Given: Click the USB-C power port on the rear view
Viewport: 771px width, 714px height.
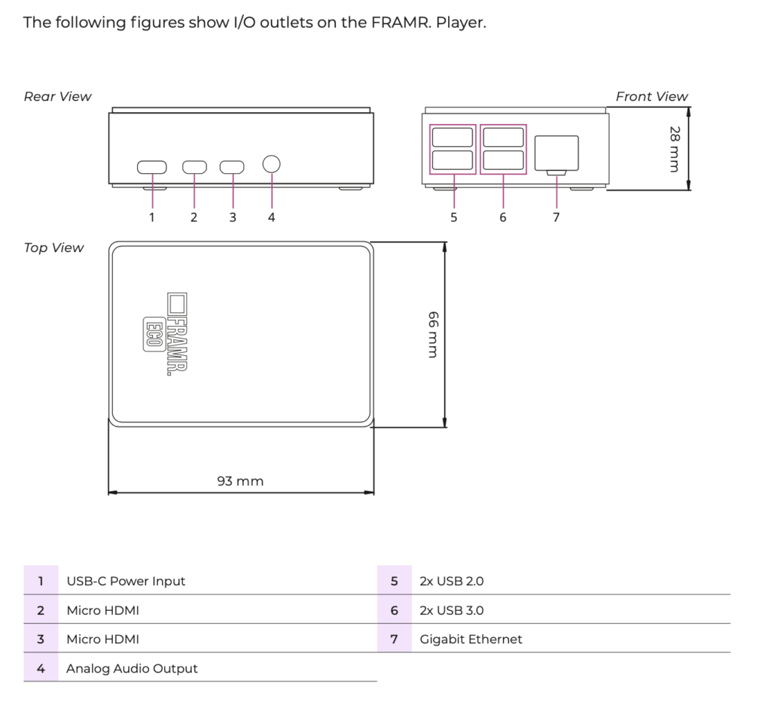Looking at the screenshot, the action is point(152,167).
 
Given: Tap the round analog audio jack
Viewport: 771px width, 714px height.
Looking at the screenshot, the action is point(271,164).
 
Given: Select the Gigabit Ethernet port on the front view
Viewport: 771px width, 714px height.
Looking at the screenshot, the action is point(556,154).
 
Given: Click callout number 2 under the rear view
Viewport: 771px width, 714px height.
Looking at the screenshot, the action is point(194,217).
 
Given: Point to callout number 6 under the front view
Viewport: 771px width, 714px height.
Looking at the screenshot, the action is point(502,217).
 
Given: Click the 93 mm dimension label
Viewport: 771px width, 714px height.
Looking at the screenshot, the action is point(240,481).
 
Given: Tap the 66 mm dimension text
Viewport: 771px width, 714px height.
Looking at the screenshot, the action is point(433,334).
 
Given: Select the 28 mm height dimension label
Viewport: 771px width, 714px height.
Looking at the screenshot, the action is point(675,149).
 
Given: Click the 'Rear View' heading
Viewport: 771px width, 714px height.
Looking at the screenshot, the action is point(57,96).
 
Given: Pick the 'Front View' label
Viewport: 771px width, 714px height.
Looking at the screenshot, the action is point(651,96).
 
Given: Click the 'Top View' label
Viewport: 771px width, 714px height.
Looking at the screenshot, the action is point(53,248).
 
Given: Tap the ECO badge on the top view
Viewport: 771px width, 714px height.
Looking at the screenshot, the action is point(154,335).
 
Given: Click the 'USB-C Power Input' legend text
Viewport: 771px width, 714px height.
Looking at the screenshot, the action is point(126,581).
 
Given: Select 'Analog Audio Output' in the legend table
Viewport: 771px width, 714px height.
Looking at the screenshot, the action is point(132,668).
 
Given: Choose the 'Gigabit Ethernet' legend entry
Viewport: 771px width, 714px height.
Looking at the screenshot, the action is point(471,640).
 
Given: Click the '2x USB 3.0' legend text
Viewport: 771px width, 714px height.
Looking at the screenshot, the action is point(452,610).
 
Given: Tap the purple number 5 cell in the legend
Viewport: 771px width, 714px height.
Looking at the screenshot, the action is point(395,580).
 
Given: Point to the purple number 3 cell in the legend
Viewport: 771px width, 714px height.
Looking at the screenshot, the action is point(41,639).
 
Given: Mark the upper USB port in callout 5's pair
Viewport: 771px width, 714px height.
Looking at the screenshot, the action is point(453,137).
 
